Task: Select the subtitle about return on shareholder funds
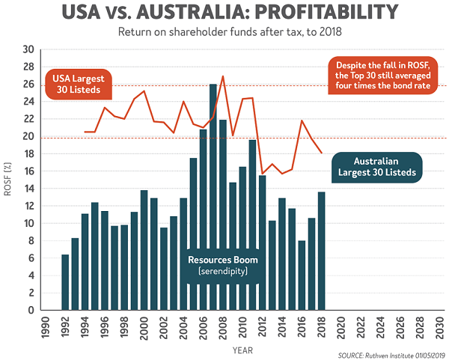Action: tap(224, 33)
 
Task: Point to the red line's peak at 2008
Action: tap(223, 76)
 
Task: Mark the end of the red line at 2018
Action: tap(322, 153)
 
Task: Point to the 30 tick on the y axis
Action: tap(29, 49)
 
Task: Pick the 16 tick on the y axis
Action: tap(29, 171)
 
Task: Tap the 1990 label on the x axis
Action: tap(46, 327)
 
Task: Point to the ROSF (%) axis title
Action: tap(10, 180)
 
